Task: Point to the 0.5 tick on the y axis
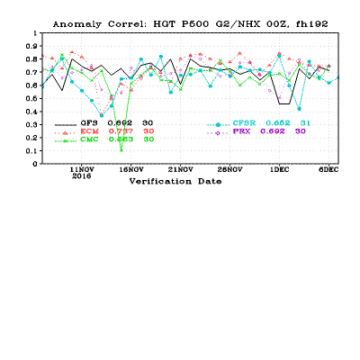pyautogui.click(x=32, y=99)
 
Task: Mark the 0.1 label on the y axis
pyautogui.click(x=32, y=151)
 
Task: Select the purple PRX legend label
pyautogui.click(x=242, y=131)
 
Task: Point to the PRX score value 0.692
pyautogui.click(x=273, y=131)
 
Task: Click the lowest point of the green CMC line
pyautogui.click(x=121, y=150)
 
